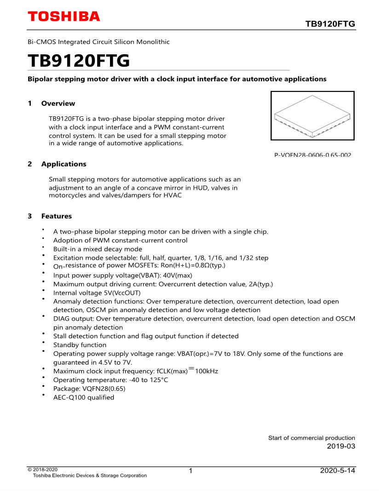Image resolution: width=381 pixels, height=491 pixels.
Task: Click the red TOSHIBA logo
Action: (x=63, y=17)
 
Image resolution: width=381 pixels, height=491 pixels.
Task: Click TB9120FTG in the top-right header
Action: (x=330, y=24)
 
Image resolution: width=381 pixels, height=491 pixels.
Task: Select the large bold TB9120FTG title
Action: (x=79, y=60)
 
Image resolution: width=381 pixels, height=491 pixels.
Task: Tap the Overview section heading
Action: (x=58, y=103)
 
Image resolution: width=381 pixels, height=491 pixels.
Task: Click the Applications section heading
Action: (x=63, y=164)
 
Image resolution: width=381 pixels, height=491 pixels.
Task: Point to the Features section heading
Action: (x=57, y=216)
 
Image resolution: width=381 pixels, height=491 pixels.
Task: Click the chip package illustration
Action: (x=312, y=115)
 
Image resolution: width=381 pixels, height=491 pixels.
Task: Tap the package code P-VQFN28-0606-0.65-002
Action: (x=312, y=155)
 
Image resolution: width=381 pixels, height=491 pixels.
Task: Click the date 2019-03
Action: (x=341, y=446)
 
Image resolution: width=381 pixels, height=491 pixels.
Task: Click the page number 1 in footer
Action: (x=190, y=471)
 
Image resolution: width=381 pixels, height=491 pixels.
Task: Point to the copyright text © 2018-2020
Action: (x=43, y=469)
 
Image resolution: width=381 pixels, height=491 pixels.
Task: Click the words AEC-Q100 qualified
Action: (x=84, y=397)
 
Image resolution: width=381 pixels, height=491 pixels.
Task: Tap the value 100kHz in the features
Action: (x=207, y=371)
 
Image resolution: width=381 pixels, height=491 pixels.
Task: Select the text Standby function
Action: (x=80, y=345)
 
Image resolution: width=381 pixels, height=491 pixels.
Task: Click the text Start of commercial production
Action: (x=312, y=438)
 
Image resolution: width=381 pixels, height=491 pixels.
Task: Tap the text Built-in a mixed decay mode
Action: (x=98, y=249)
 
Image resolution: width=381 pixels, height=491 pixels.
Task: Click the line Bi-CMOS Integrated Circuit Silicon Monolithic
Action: (x=98, y=42)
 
